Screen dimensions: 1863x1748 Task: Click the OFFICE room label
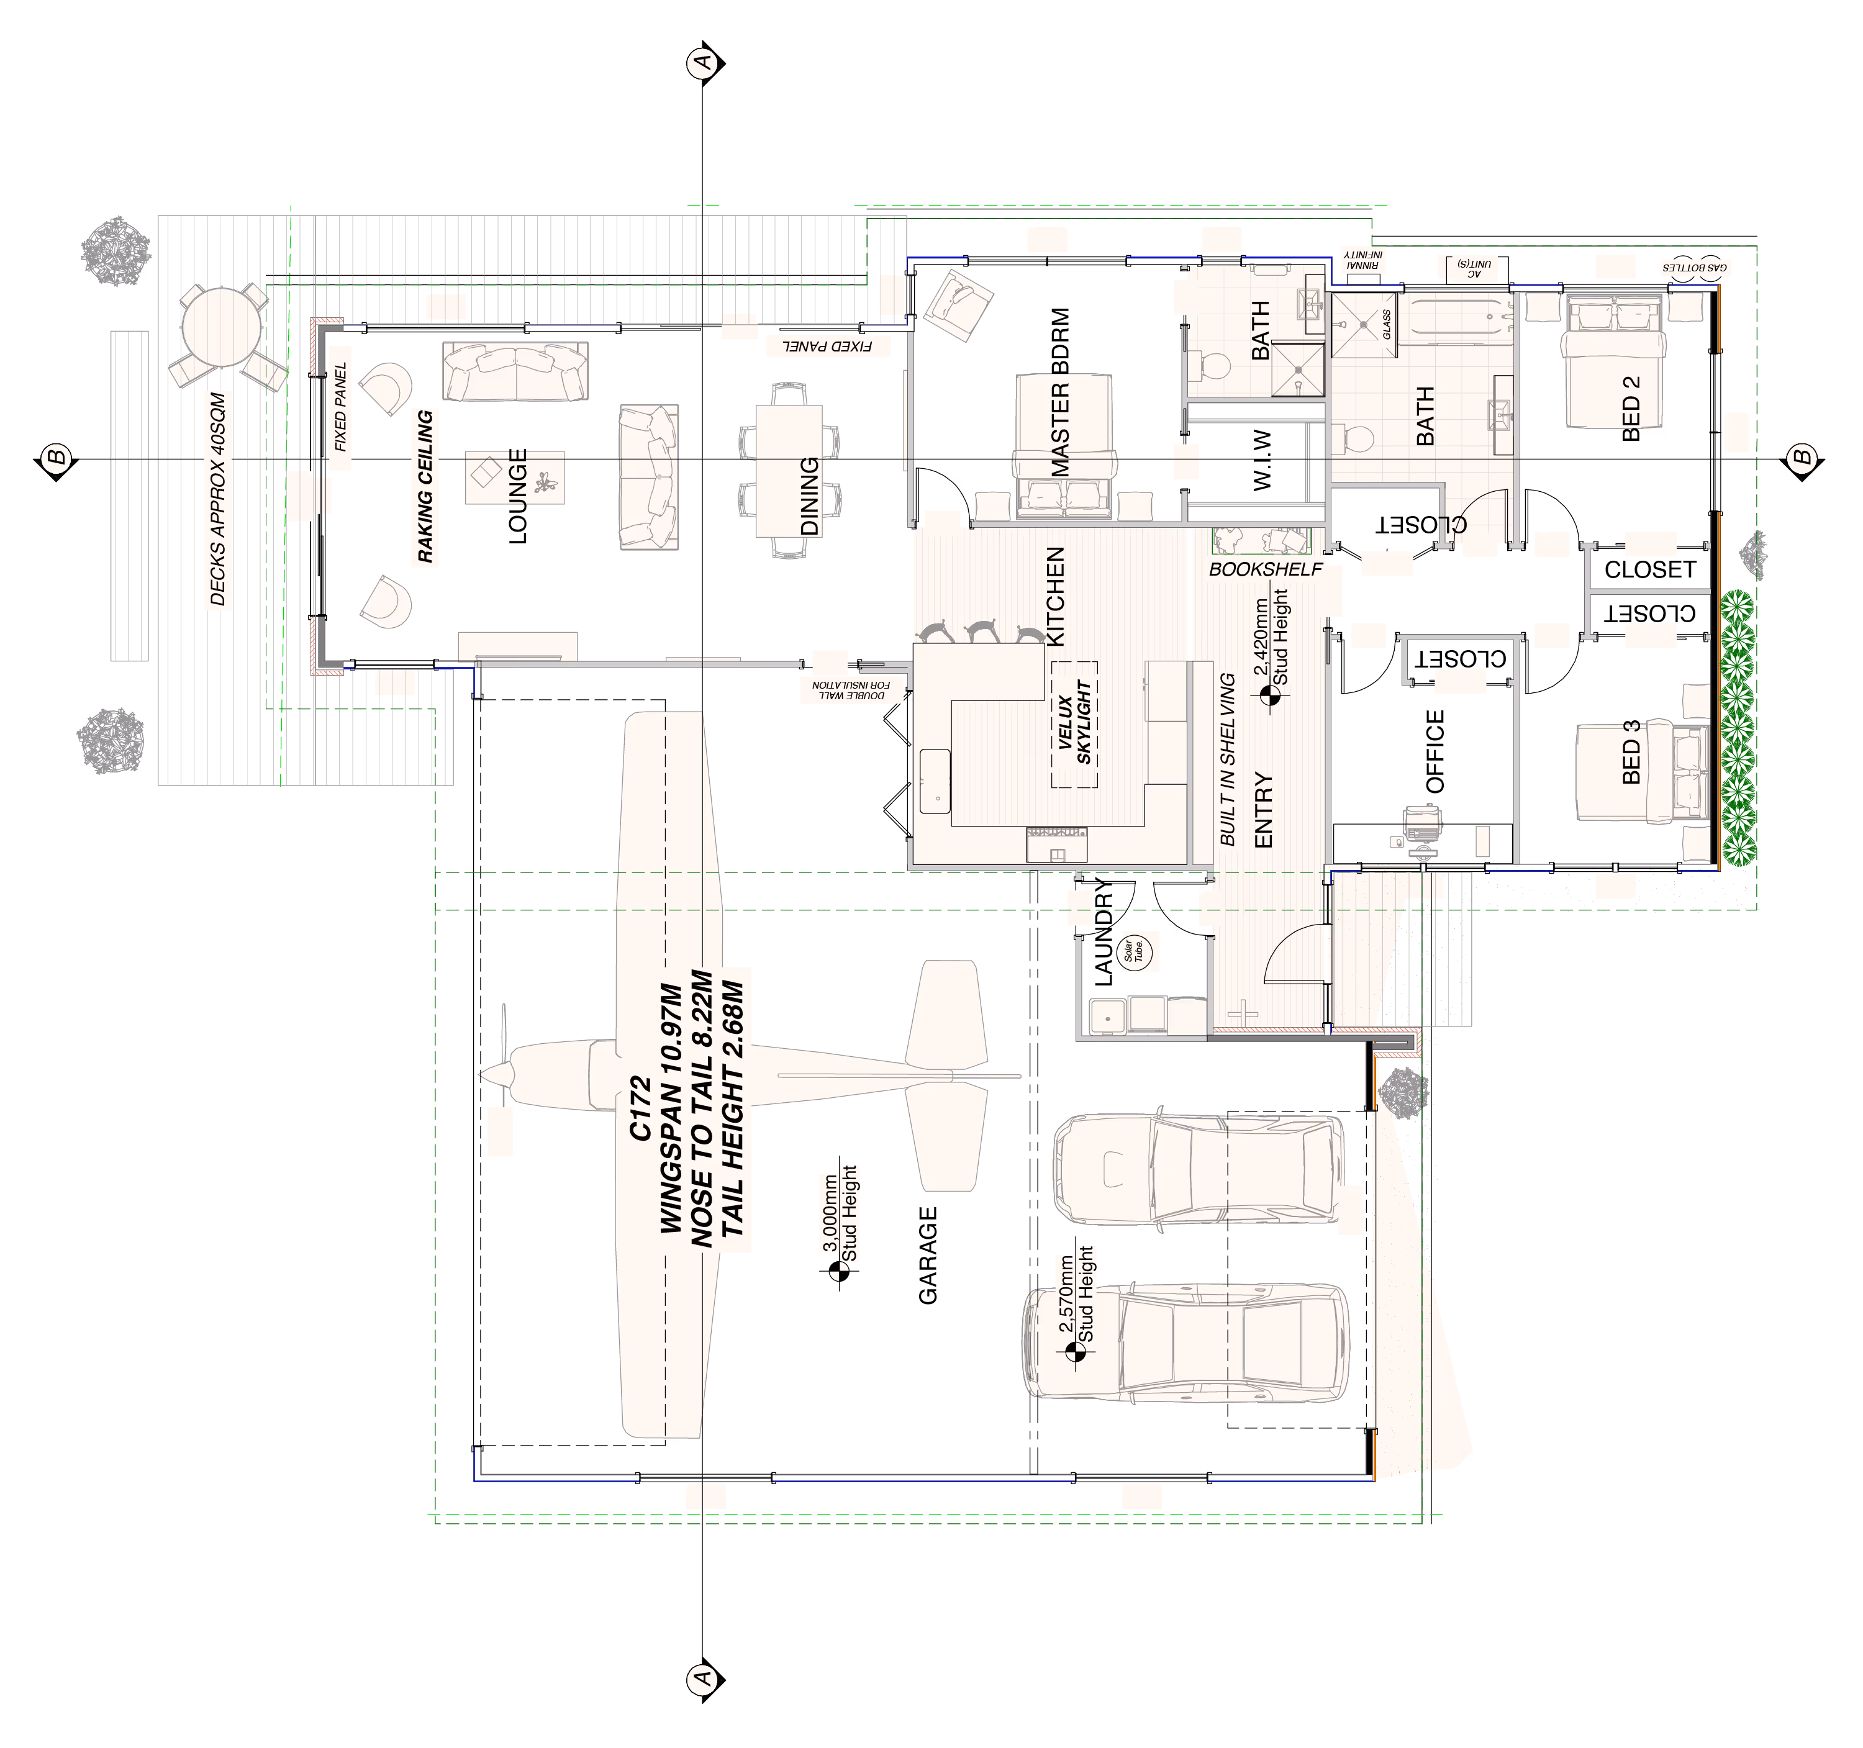point(1435,751)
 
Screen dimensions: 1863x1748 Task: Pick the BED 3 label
point(1631,751)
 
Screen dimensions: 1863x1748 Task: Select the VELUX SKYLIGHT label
point(1075,722)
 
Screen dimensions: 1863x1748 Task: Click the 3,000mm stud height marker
point(837,1271)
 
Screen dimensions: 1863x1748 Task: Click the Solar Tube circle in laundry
point(1136,951)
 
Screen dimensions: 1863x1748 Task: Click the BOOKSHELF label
point(1265,569)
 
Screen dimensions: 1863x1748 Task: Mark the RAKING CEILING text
point(425,486)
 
